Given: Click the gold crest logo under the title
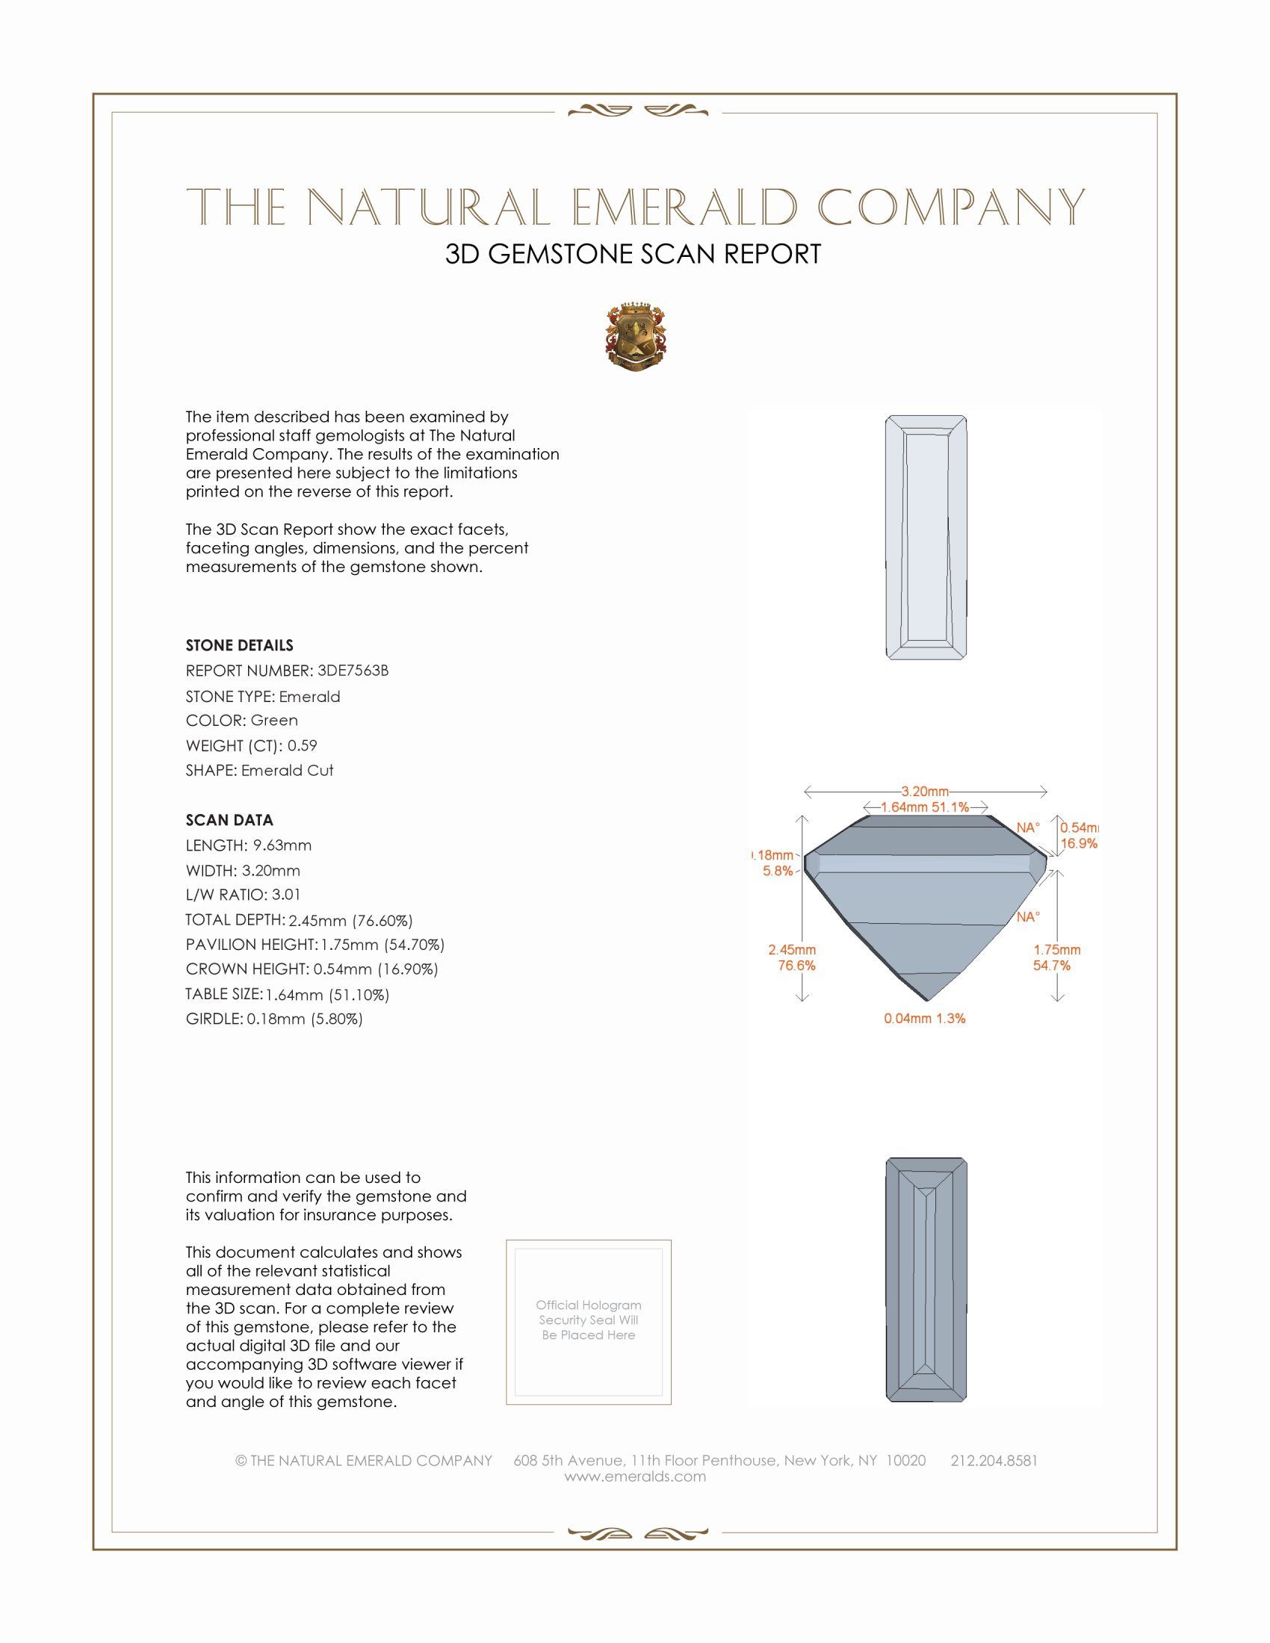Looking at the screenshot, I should [x=636, y=337].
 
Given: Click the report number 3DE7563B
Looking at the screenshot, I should [x=353, y=671].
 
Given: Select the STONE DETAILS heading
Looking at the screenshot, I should [x=239, y=645].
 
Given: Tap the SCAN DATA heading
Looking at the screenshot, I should [x=229, y=820].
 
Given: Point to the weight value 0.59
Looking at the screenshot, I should [x=303, y=745].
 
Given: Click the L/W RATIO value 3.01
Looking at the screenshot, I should [x=286, y=895].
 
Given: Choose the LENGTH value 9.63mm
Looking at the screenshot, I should [x=282, y=845].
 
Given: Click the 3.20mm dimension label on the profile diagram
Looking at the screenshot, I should [x=925, y=792].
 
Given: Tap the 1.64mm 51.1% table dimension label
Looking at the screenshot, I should [x=925, y=807].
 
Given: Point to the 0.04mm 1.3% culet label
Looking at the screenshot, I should [x=925, y=1019].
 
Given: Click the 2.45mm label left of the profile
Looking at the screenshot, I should [x=791, y=949].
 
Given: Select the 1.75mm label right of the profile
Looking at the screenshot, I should [x=1056, y=949].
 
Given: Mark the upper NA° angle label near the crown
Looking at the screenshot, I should [x=1028, y=827].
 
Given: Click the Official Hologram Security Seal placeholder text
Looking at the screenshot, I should [x=589, y=1320].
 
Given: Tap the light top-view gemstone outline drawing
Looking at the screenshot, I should [x=926, y=537].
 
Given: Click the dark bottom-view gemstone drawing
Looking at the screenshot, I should [x=926, y=1279].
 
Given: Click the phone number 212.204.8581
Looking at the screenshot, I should [x=994, y=1460].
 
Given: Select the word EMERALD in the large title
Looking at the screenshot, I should [x=684, y=208].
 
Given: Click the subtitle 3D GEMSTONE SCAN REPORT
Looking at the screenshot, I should [x=633, y=254].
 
